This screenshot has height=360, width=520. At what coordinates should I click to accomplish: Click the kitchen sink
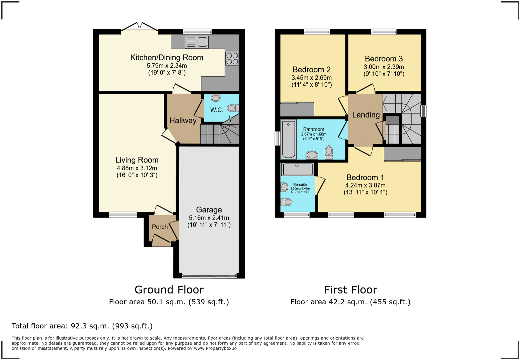click(x=197, y=42)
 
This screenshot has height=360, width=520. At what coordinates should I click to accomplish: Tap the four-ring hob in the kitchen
click(x=232, y=59)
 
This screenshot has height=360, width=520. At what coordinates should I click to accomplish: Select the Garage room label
click(x=209, y=210)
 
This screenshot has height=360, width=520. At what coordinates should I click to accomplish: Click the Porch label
click(x=160, y=227)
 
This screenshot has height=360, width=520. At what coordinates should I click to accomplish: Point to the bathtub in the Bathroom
click(x=289, y=139)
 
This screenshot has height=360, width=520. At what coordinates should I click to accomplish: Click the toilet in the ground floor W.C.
click(x=233, y=108)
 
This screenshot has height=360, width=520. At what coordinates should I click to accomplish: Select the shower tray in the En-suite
click(x=298, y=169)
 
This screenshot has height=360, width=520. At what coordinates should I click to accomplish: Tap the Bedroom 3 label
click(x=384, y=59)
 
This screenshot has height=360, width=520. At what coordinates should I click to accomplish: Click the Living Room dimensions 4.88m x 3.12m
click(x=137, y=168)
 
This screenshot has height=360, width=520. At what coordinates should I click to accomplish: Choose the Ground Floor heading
click(x=169, y=290)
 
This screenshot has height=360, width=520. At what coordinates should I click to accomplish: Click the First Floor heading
click(x=350, y=290)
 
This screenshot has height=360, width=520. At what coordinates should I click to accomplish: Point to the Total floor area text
click(x=82, y=326)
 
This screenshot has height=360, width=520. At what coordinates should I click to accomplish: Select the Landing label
click(x=366, y=115)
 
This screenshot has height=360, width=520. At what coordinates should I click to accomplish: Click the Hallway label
click(x=183, y=121)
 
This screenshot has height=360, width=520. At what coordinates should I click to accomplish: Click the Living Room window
click(x=123, y=215)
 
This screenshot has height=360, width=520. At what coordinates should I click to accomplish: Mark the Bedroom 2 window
click(x=317, y=32)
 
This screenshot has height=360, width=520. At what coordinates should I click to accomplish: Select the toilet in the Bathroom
click(x=329, y=152)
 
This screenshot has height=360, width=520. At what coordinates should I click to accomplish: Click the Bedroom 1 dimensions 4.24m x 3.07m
click(x=365, y=186)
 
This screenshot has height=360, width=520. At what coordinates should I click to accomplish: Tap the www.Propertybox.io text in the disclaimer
click(x=215, y=348)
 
